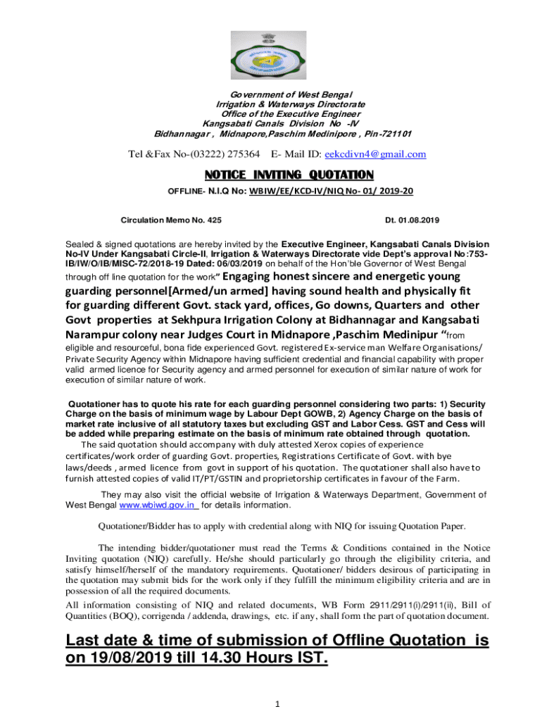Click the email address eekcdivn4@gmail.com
(380, 154)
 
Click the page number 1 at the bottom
(278, 704)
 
